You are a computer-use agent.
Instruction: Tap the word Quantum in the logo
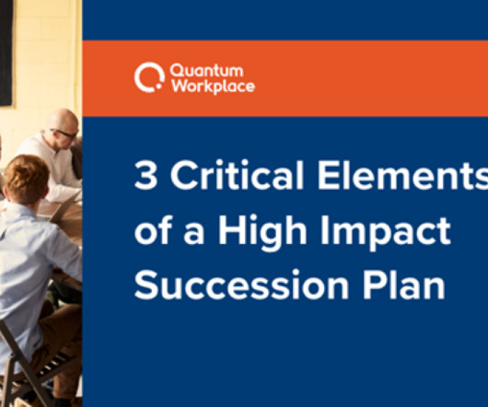(206, 71)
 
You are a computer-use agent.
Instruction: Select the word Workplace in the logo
(214, 86)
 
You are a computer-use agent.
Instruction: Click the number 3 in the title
(145, 175)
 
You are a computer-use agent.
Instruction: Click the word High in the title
(262, 231)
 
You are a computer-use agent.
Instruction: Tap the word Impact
(385, 232)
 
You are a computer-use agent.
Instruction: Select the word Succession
(241, 285)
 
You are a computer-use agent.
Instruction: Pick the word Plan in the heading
(403, 284)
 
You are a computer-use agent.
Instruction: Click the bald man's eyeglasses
(64, 134)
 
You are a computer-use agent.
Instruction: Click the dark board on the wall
(6, 53)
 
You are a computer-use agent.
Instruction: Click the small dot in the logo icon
(158, 87)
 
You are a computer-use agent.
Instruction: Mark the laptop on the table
(63, 209)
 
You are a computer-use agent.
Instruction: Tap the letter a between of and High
(194, 233)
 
